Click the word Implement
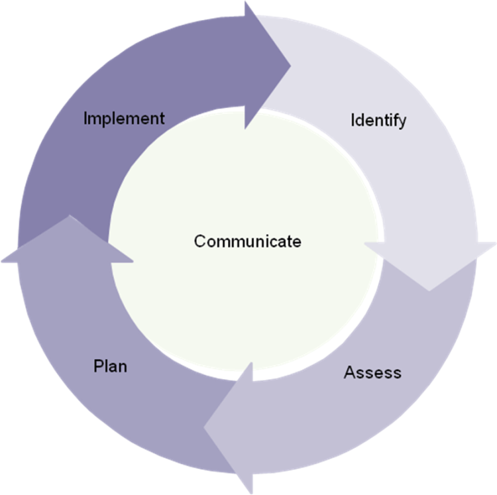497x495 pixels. [124, 119]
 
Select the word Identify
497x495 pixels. [378, 121]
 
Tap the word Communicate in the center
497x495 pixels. [247, 241]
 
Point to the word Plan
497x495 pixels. [110, 366]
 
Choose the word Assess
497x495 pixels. [372, 372]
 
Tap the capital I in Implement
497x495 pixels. [86, 119]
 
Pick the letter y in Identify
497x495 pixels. [402, 123]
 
